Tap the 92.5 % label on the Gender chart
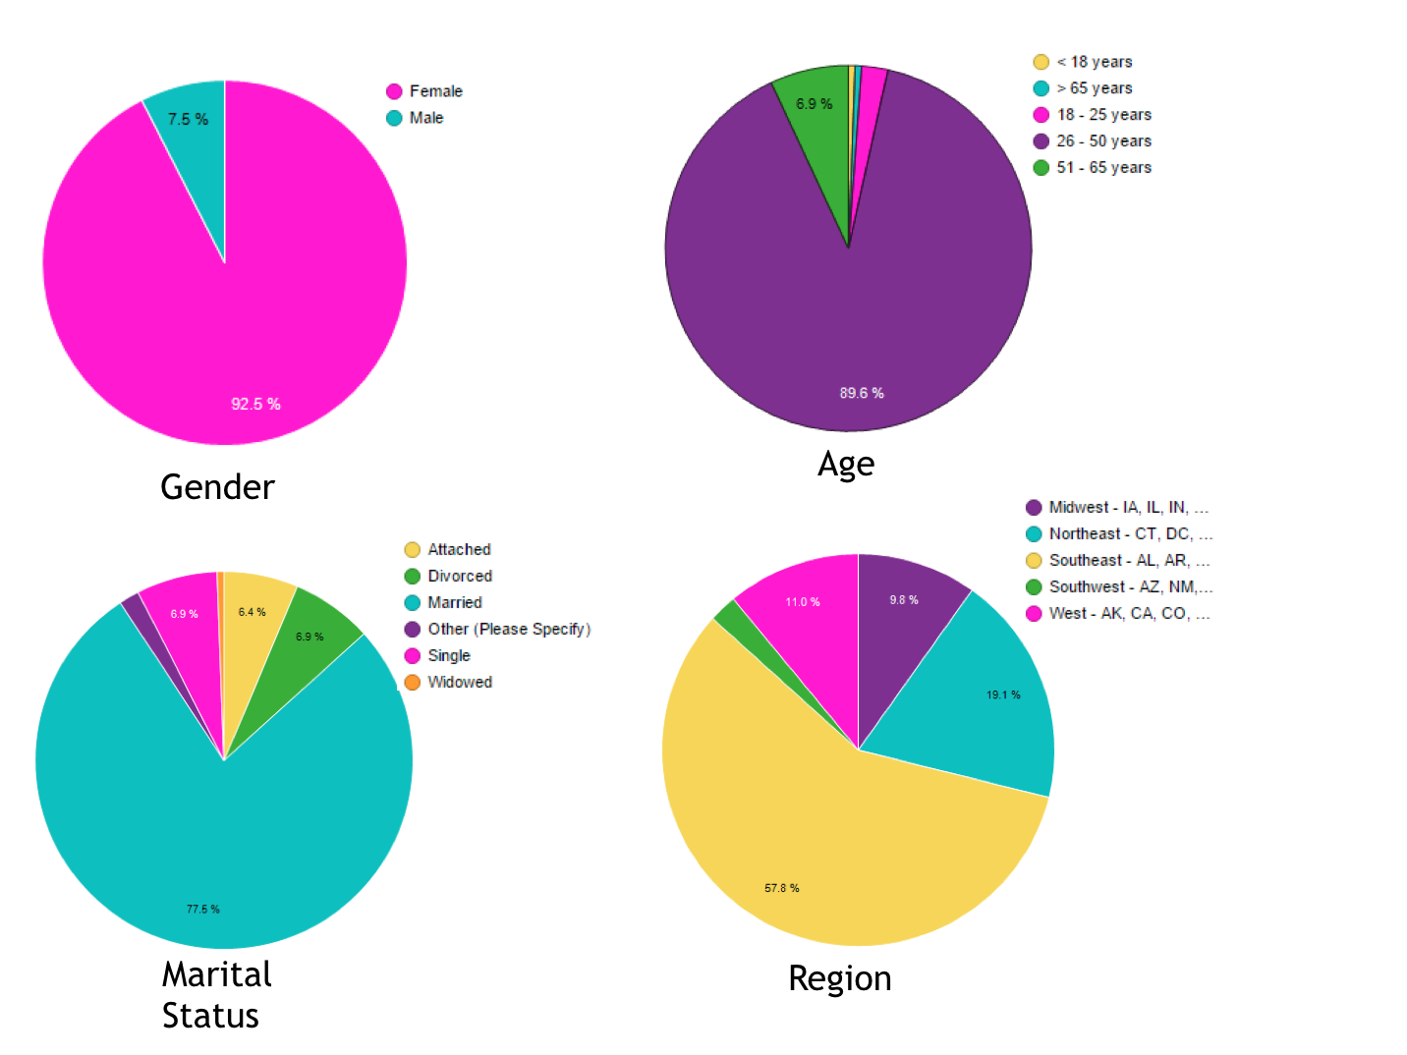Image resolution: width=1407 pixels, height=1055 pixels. [x=255, y=404]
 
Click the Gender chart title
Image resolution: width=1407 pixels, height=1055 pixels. [x=217, y=487]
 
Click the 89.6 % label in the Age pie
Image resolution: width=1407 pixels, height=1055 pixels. [x=861, y=393]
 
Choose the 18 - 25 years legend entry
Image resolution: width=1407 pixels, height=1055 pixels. [x=1102, y=115]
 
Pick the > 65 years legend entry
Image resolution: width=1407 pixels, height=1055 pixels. [x=1094, y=88]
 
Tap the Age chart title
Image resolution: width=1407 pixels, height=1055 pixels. [x=845, y=464]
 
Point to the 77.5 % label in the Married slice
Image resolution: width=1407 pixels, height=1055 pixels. [x=203, y=909]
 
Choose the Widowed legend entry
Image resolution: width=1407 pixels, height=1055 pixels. [x=459, y=682]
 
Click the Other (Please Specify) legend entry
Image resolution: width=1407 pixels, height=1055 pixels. [x=508, y=629]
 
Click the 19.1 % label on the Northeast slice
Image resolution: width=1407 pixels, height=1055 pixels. [x=1003, y=694]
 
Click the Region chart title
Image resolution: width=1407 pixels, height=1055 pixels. [x=840, y=978]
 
